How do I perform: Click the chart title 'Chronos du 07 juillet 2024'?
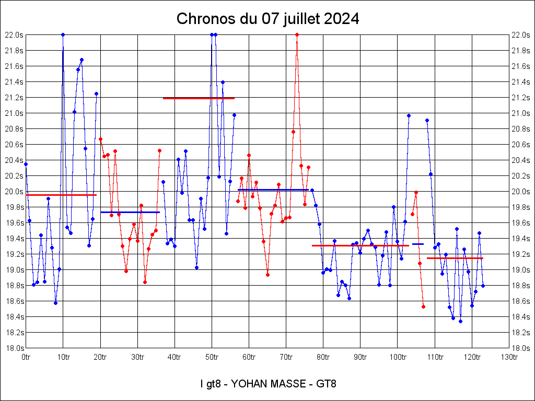coord(267,19)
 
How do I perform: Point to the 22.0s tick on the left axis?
coord(14,35)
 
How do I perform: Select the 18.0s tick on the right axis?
coord(521,348)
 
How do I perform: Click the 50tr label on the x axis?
coord(212,357)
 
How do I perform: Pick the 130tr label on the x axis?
coord(509,357)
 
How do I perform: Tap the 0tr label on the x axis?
coord(26,357)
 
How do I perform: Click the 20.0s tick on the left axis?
coord(14,192)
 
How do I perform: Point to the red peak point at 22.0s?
coord(297,35)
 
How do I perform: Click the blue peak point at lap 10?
coord(63,35)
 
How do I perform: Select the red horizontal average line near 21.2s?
coord(199,98)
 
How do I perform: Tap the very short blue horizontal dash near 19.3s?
coord(418,244)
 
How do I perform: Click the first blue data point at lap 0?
coord(26,164)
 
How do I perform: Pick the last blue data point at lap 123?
coord(483,286)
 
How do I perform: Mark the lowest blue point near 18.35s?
coord(460,321)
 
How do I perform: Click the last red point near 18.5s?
coord(423,306)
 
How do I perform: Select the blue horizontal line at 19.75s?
coord(130,212)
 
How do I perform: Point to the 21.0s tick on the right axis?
coord(521,113)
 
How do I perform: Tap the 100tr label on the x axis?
coord(398,357)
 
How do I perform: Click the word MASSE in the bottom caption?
coord(294,384)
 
